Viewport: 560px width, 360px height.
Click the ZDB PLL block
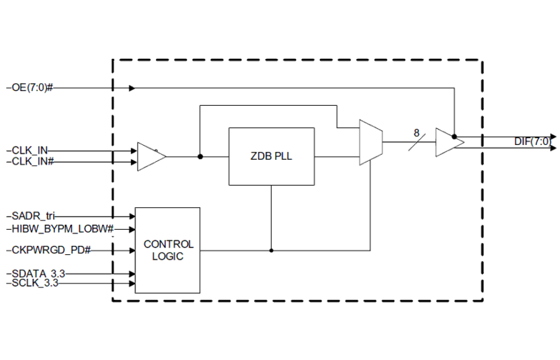271,157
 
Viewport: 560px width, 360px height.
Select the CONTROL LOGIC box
167,250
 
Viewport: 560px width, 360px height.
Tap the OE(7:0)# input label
31,88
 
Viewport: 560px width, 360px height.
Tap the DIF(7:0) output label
532,142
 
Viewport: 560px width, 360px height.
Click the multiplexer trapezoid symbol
371,142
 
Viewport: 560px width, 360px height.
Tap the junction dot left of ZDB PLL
200,157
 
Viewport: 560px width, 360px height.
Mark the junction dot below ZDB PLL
271,250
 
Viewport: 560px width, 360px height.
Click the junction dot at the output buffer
454,137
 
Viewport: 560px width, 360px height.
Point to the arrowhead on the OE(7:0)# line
132,88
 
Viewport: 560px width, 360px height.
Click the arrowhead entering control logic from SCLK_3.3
132,284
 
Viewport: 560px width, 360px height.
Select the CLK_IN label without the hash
30,151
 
